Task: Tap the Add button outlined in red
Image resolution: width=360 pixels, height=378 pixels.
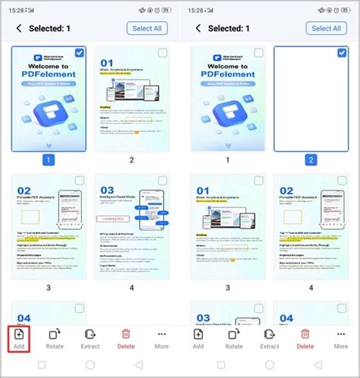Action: (19, 339)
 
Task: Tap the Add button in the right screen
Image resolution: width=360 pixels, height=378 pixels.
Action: (198, 339)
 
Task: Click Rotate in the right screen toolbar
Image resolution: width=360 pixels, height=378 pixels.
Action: (234, 339)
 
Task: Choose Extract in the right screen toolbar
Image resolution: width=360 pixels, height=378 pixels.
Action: (270, 339)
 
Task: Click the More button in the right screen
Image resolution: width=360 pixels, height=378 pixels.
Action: (341, 339)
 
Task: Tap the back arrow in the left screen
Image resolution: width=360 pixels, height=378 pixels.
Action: (18, 28)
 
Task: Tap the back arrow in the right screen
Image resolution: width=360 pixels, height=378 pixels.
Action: (198, 28)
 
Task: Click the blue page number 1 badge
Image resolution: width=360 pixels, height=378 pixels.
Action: (49, 160)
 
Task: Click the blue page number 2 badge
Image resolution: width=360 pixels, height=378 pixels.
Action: (311, 160)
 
